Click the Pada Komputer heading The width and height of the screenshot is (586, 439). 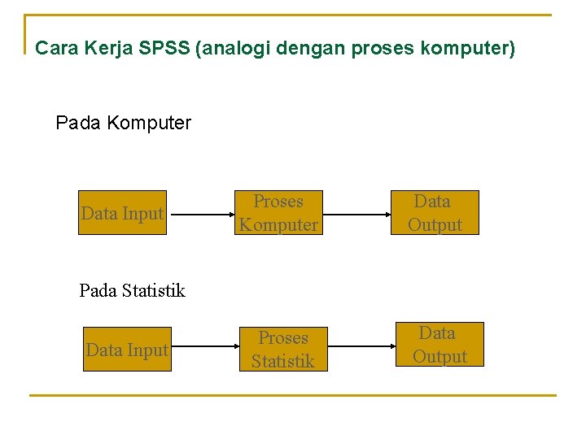point(123,124)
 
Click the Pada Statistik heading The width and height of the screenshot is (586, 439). point(132,290)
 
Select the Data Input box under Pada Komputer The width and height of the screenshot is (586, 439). point(122,214)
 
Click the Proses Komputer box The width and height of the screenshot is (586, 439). point(278,213)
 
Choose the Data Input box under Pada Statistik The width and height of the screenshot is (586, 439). point(127,350)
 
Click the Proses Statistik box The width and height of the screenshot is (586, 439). point(282,350)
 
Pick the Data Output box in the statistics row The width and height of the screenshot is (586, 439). point(439,345)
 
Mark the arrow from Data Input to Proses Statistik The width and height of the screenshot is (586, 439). point(205,351)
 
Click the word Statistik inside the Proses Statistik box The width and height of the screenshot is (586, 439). point(282,361)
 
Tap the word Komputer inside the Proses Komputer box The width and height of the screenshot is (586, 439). point(278,225)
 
